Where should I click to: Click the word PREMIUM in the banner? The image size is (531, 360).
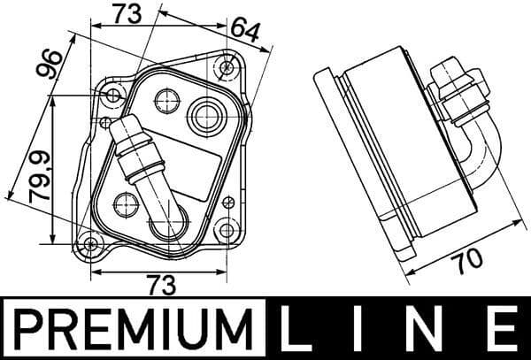pyautogui.click(x=135, y=328)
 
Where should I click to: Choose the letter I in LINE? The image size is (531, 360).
pyautogui.click(x=369, y=328)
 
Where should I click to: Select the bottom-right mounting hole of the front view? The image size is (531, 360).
pyautogui.click(x=227, y=232)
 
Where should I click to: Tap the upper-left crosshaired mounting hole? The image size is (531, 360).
pyautogui.click(x=112, y=94)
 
